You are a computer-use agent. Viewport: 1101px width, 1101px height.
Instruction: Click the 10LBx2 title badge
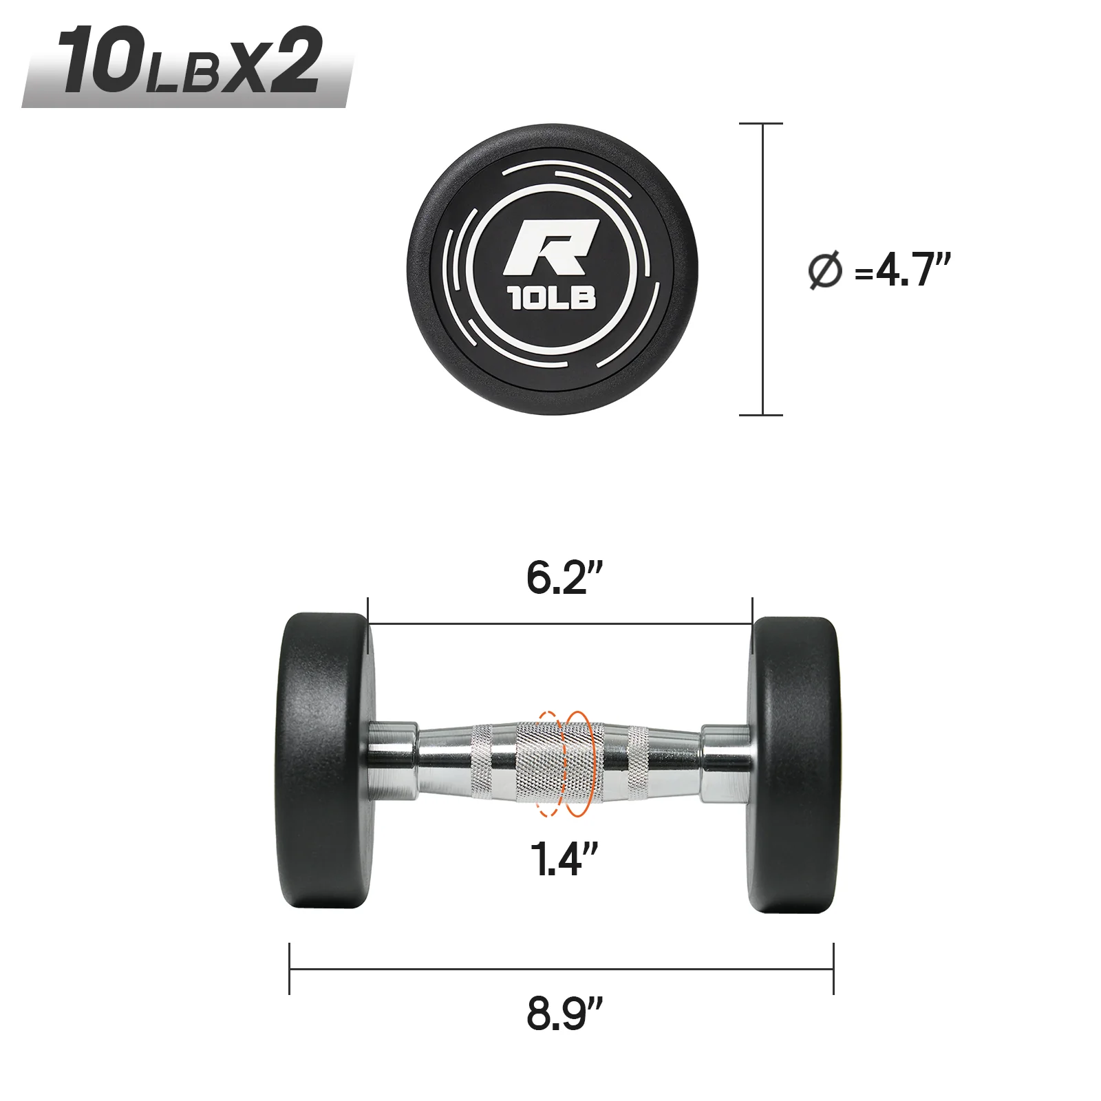[187, 63]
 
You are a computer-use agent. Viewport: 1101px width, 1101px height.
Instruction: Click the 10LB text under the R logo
[553, 298]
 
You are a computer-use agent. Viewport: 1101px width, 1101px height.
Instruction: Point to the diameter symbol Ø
[824, 270]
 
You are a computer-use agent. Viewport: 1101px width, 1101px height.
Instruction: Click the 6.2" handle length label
[564, 577]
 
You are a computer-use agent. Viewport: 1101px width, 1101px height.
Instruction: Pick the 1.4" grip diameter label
[564, 858]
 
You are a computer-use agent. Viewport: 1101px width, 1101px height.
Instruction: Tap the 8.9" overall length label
[564, 1012]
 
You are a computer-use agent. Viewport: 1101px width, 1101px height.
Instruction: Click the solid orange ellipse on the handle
[578, 764]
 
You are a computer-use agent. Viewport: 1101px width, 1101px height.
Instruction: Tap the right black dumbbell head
[795, 764]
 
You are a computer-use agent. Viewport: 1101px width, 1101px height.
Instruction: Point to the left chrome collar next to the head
[392, 761]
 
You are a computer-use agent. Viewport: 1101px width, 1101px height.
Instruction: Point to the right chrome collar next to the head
[726, 762]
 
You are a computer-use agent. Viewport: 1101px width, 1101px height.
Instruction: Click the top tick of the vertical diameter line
[761, 124]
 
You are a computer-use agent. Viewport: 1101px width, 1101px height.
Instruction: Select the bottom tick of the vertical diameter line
[761, 415]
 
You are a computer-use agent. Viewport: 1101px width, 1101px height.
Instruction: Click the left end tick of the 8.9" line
[290, 968]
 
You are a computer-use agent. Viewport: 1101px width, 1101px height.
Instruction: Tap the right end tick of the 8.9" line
[833, 968]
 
